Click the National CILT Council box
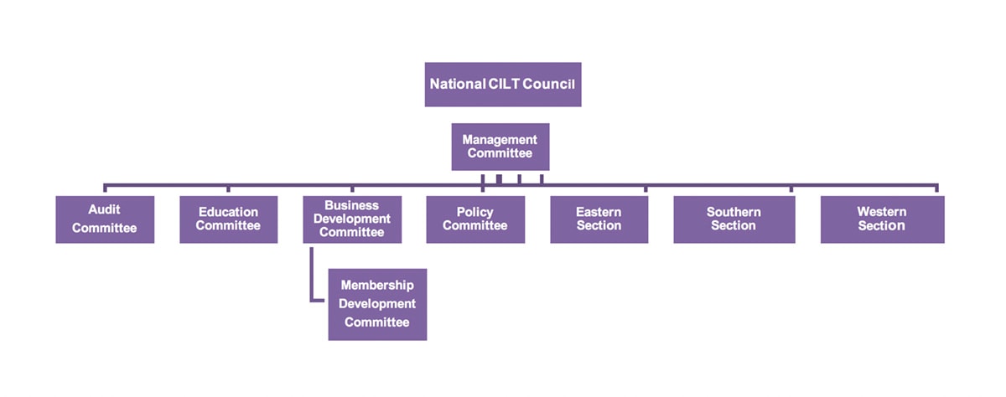(x=502, y=84)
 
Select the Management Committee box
(x=500, y=147)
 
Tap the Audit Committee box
(x=105, y=219)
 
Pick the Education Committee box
(x=228, y=219)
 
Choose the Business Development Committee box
(x=352, y=219)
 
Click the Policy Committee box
(x=475, y=219)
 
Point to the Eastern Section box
(x=599, y=219)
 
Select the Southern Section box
(x=734, y=219)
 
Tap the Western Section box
(x=882, y=219)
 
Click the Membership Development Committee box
(x=377, y=304)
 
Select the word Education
(x=228, y=213)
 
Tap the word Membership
(x=377, y=286)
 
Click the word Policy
(x=475, y=213)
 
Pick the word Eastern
(x=599, y=213)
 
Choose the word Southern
(x=734, y=213)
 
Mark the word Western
(x=882, y=213)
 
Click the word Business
(x=352, y=205)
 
